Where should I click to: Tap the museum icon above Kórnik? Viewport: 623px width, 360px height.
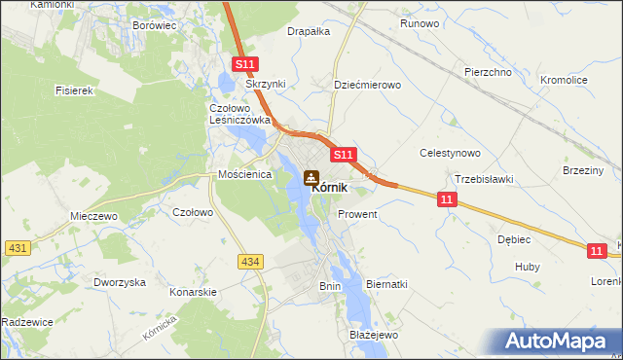click(311, 178)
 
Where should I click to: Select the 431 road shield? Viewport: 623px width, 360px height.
click(17, 248)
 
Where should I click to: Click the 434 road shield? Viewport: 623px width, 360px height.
click(251, 260)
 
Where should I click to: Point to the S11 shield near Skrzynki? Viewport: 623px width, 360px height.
click(244, 65)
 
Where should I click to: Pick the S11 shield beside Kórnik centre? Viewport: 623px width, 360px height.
click(343, 155)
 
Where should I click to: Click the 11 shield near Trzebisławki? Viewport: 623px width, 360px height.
click(446, 199)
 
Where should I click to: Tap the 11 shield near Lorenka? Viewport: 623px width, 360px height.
click(597, 251)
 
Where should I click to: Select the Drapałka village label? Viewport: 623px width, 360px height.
click(309, 31)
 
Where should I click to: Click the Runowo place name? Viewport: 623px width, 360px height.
click(421, 22)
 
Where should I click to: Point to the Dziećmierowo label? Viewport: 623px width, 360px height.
click(367, 85)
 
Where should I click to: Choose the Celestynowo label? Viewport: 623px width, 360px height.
click(450, 153)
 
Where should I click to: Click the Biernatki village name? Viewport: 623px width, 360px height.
click(385, 284)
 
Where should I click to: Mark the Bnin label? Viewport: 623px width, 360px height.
click(330, 286)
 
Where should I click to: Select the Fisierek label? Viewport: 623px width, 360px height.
click(74, 90)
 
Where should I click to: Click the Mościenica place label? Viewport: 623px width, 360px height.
click(242, 175)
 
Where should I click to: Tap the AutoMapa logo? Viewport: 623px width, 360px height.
click(556, 341)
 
